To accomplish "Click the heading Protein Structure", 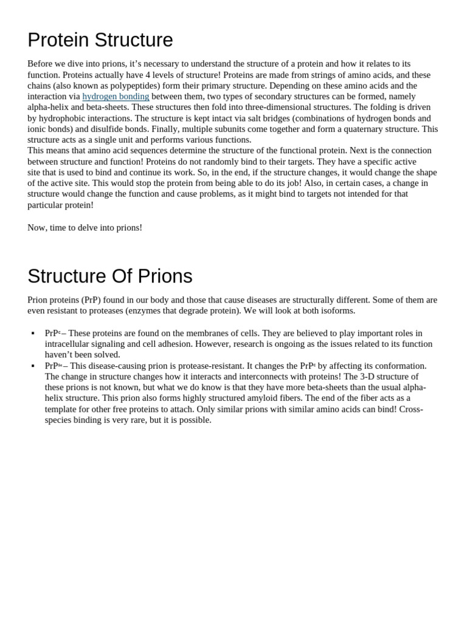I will click(100, 40).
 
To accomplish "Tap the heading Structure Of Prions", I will click(110, 276).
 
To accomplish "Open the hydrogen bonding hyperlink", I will click(116, 97).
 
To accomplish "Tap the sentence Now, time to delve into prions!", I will click(85, 228).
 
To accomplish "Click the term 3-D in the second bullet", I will click(355, 377).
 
